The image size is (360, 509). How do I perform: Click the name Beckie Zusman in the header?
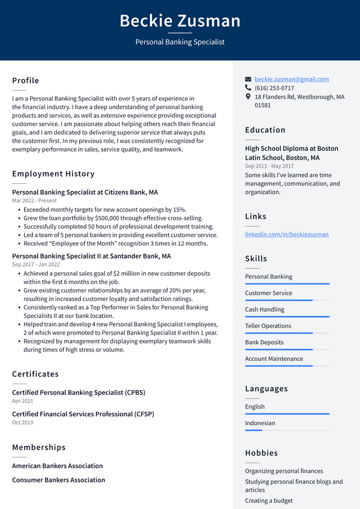pos(180,21)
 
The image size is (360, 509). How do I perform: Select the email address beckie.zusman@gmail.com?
pos(291,79)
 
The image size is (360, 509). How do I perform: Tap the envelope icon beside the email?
pos(248,79)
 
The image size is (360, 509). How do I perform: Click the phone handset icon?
pos(248,88)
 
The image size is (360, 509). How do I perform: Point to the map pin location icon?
pos(248,97)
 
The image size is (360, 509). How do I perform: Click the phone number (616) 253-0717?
pos(274,88)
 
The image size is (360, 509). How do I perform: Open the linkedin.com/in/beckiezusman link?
pos(286,234)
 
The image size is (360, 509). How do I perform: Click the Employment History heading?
pos(53,174)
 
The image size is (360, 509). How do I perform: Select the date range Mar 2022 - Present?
pos(34,201)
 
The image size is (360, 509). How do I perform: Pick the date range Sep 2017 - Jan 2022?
pos(36,264)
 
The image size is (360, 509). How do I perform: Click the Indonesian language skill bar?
pos(287,430)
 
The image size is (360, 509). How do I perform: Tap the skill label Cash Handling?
pos(264,309)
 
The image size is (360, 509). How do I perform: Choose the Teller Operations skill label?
pos(268,326)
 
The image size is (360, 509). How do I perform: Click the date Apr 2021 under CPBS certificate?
pos(22,401)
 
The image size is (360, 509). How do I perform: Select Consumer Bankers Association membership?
pos(58,480)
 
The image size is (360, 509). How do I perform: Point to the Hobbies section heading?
pos(262,453)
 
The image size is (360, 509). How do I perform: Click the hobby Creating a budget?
pos(269,501)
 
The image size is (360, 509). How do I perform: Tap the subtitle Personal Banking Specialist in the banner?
pos(180,42)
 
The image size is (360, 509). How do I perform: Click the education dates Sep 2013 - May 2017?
pos(269,166)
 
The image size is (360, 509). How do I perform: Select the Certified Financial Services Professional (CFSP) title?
pos(83,414)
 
